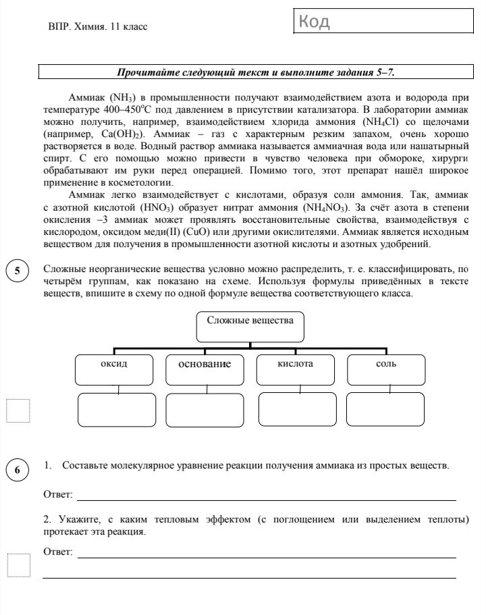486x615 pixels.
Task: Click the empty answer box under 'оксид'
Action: tap(116, 409)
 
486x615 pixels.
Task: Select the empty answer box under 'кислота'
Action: tap(296, 409)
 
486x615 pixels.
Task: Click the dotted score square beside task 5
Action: tap(18, 410)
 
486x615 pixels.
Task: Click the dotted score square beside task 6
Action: tap(18, 565)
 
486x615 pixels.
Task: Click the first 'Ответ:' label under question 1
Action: tap(57, 496)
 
